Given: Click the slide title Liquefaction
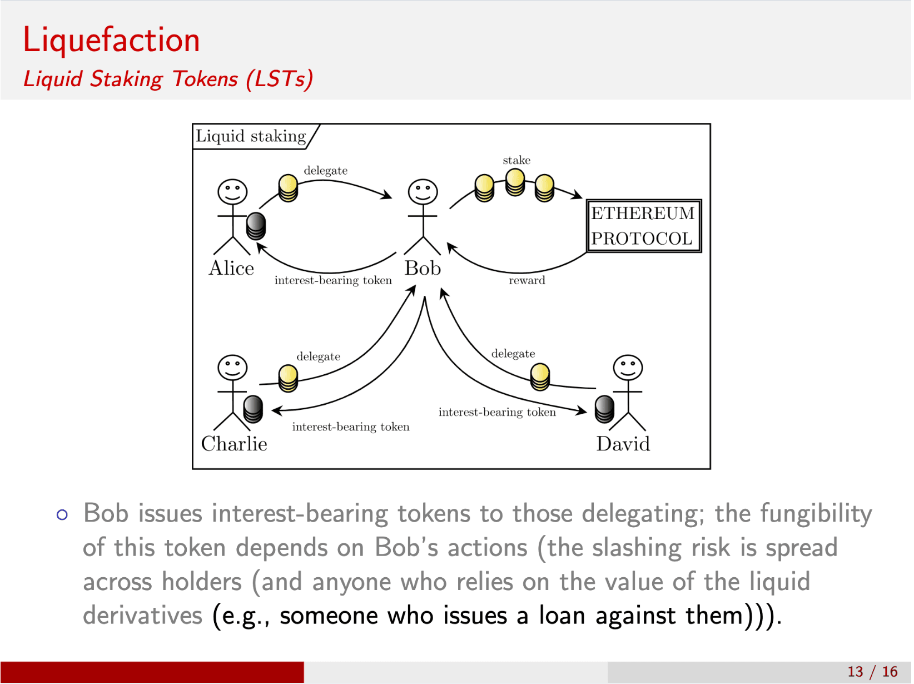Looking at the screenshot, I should tap(111, 40).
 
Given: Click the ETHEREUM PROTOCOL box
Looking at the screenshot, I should tap(644, 226).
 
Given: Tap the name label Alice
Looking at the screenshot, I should tap(231, 268).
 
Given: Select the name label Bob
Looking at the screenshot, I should tap(423, 268).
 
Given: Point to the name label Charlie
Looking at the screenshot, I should tap(234, 444).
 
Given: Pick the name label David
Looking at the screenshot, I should tap(623, 444).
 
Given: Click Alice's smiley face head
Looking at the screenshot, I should tap(232, 192).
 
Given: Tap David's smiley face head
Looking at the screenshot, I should tap(628, 368).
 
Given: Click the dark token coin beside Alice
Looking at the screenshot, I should tap(256, 225).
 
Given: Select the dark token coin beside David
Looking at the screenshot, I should tap(604, 409).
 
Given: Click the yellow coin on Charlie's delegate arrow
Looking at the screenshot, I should tap(288, 378).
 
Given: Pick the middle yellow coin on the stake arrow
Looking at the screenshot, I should tap(515, 182).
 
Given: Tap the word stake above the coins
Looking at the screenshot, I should tap(516, 160).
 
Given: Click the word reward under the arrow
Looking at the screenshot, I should tap(526, 280).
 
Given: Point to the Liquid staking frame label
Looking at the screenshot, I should tap(251, 136).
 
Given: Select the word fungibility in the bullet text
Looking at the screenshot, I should tap(816, 513).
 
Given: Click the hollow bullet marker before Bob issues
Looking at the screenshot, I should tap(62, 515).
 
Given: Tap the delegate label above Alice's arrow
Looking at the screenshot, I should tap(325, 170).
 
